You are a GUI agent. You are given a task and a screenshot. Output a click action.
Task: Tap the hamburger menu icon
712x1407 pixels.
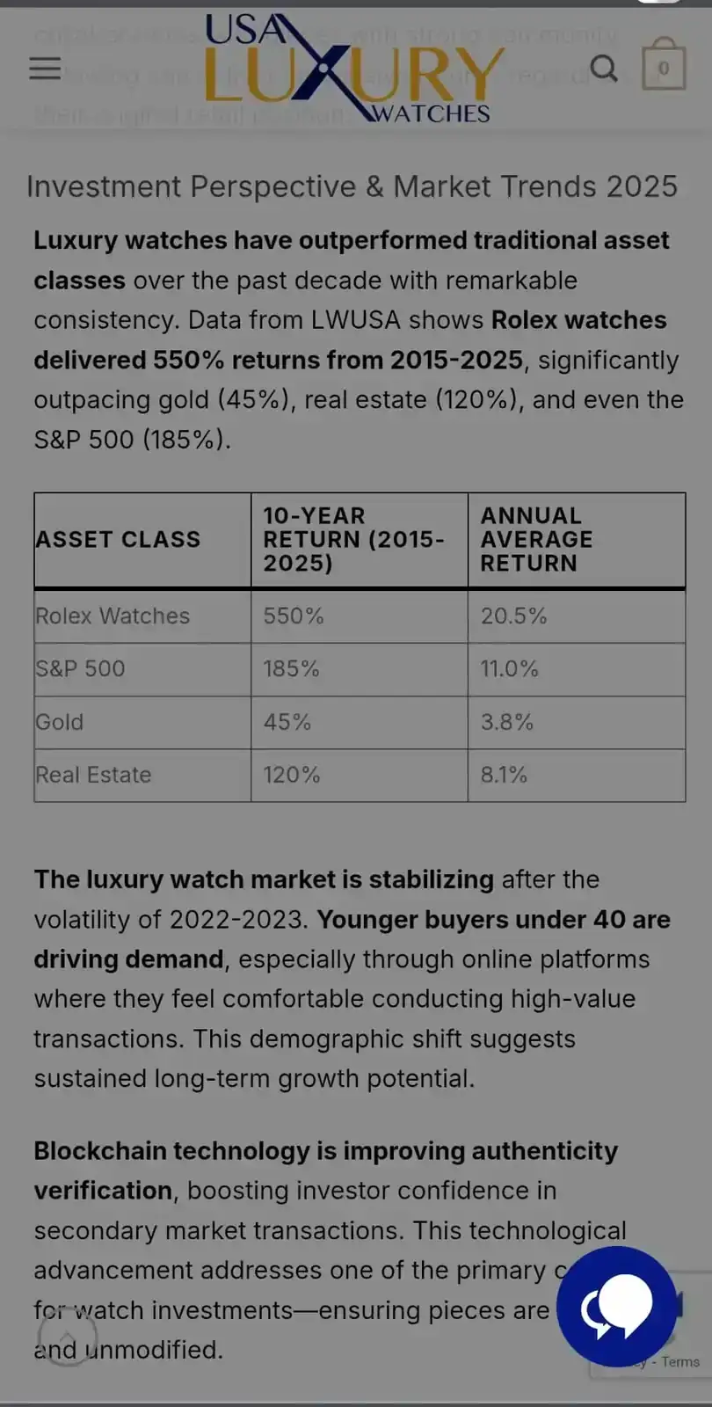click(45, 69)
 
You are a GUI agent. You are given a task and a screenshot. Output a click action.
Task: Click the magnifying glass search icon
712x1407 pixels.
click(603, 68)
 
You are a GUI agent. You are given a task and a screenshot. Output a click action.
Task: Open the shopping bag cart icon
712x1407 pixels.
click(664, 67)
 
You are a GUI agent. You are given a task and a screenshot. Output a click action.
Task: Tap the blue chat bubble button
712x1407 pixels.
click(617, 1305)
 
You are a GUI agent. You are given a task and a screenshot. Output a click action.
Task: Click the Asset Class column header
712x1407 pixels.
click(118, 539)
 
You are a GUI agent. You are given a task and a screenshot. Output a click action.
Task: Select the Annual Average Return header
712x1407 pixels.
click(536, 539)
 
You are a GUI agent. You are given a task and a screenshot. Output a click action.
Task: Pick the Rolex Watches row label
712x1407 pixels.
click(113, 616)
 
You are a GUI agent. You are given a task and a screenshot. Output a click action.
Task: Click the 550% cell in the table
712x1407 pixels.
click(294, 616)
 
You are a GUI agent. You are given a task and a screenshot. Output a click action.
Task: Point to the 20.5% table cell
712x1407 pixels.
click(513, 616)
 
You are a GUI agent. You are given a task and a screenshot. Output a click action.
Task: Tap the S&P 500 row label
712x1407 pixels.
click(80, 668)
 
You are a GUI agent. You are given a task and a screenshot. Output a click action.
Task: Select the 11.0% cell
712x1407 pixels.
click(509, 668)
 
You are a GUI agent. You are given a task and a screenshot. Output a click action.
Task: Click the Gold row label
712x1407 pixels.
click(60, 722)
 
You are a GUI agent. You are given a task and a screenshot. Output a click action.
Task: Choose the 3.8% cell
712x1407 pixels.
click(506, 722)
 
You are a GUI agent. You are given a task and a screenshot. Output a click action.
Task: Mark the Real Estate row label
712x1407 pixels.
click(93, 775)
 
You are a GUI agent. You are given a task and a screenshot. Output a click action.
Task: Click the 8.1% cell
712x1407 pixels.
click(504, 775)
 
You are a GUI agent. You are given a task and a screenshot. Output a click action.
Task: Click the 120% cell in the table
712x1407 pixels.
click(291, 775)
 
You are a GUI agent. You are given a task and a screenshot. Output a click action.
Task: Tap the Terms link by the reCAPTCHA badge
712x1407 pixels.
click(680, 1361)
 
